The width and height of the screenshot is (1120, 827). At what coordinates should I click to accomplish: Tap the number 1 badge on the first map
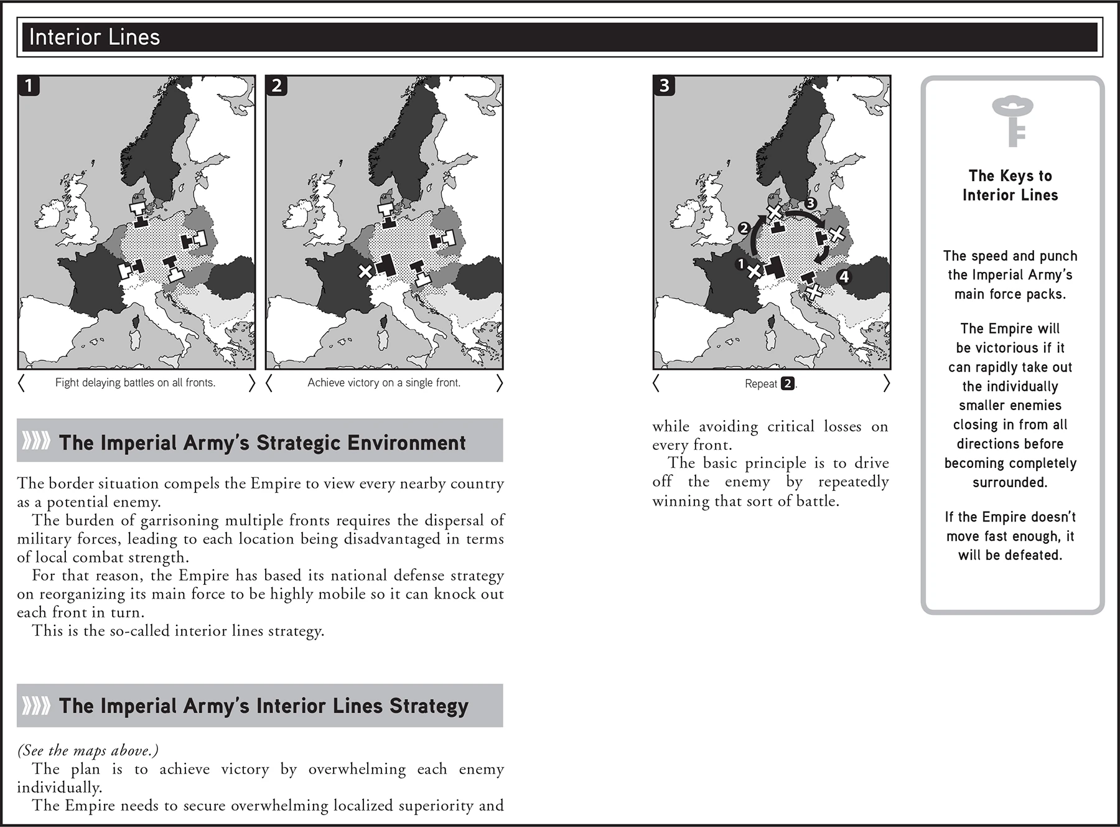tap(29, 85)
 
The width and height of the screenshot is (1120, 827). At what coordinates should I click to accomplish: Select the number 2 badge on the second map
tap(276, 85)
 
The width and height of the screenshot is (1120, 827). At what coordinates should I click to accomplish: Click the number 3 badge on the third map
tap(664, 85)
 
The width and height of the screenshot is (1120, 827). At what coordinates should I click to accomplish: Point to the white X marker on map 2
tap(365, 271)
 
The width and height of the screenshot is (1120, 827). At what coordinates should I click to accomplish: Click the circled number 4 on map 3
tap(844, 276)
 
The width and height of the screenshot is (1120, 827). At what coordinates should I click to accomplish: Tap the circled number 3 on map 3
tap(810, 203)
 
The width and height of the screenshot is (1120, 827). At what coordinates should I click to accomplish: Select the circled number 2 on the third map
tap(744, 228)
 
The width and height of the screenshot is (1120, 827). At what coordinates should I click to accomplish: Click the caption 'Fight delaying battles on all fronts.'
tap(135, 383)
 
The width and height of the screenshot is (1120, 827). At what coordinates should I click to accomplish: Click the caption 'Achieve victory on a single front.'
tap(384, 383)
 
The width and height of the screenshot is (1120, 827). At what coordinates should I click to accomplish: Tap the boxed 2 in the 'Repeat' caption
tap(787, 383)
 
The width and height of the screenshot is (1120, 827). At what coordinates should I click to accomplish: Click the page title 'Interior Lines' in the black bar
tap(95, 37)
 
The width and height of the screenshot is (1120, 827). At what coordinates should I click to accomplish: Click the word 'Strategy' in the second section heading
tap(429, 706)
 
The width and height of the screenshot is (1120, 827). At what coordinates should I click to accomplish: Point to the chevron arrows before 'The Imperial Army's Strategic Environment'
tap(36, 441)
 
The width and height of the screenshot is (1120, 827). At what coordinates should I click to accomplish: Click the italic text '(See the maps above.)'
tap(88, 750)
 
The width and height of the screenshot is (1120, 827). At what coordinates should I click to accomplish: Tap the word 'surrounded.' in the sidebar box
tap(1010, 482)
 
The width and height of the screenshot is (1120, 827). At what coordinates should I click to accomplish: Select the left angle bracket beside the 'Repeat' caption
tap(656, 383)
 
